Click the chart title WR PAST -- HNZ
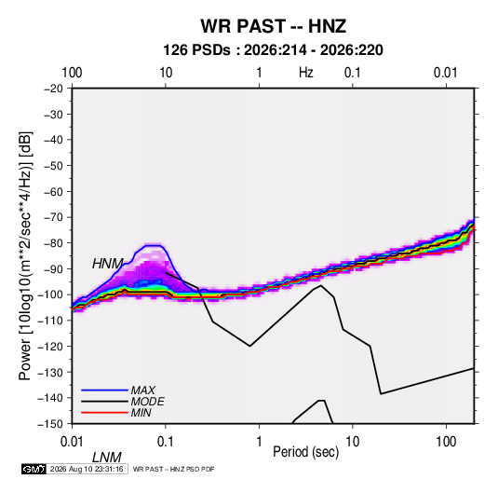273,26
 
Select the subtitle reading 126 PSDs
196,50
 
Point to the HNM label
107,264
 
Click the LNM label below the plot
107,458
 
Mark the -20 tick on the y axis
53,89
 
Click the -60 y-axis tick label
53,191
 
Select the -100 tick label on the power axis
50,294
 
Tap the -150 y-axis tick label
50,424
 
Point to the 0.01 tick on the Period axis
72,442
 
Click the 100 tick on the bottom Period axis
446,442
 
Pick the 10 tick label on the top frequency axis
166,73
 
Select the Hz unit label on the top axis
306,73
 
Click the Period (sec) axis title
306,452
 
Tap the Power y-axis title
25,255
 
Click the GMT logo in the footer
34,469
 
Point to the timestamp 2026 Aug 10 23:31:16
87,469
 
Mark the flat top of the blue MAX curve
154,245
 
